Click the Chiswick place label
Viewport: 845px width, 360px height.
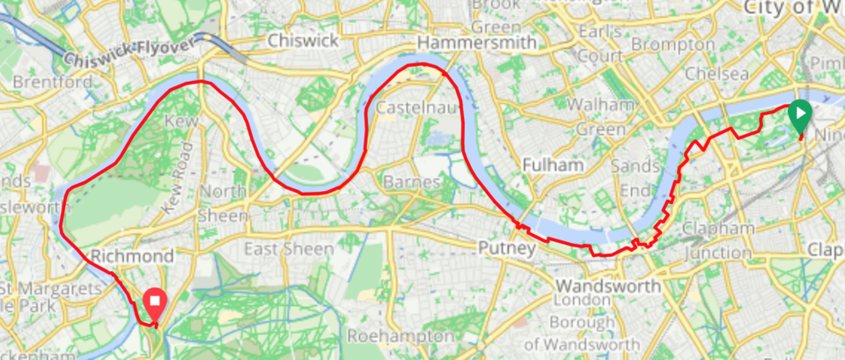coord(302,40)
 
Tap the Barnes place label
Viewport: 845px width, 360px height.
coord(412,182)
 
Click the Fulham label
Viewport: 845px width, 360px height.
coord(553,165)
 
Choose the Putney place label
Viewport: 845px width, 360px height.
coord(506,249)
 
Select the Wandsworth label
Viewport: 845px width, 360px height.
coord(608,286)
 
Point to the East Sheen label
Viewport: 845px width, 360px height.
coord(289,249)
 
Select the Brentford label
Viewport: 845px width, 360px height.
coord(52,82)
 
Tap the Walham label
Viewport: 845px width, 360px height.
coord(601,106)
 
